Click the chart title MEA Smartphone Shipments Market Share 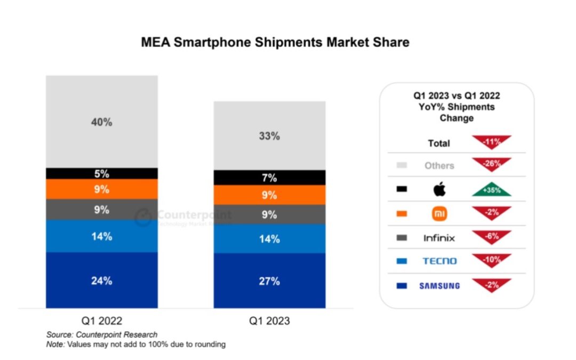click(275, 42)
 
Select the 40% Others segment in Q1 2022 click(101, 122)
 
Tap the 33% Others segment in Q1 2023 click(269, 135)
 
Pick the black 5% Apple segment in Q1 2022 click(101, 173)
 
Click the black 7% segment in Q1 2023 click(269, 178)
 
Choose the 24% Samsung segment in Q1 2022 click(101, 281)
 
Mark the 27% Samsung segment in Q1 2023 click(269, 281)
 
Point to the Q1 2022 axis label click(101, 321)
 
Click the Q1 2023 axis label click(269, 321)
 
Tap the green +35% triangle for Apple click(491, 189)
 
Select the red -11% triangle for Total click(491, 142)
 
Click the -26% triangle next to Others click(491, 164)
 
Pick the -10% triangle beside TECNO click(491, 260)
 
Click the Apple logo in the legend click(439, 189)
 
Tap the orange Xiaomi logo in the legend click(439, 214)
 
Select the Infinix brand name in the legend click(439, 238)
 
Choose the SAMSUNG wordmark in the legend click(439, 286)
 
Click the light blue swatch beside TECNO click(402, 261)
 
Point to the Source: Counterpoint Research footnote click(101, 334)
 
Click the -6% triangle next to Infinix click(491, 236)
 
